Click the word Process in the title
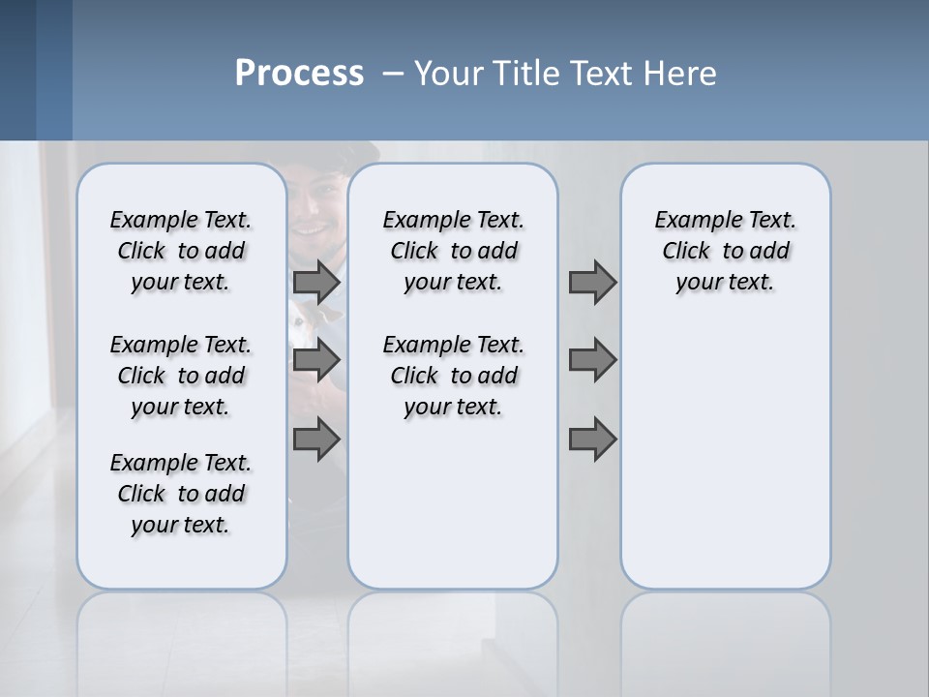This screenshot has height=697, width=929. point(299,74)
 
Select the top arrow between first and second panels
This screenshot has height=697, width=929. point(316,282)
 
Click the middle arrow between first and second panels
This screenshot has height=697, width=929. point(316,360)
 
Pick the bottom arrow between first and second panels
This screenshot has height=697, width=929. point(316,439)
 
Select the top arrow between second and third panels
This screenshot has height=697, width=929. point(592,282)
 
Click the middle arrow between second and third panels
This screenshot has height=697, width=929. point(592,360)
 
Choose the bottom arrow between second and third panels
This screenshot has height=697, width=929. point(592,439)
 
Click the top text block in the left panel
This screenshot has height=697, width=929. point(181,251)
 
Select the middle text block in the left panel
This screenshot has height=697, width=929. point(181,376)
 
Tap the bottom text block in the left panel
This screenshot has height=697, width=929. point(181,494)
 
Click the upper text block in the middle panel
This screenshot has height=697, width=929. point(453,251)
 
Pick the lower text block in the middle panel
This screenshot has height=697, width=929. point(453,376)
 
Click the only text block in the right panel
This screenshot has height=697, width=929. point(725,251)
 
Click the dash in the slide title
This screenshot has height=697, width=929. point(393,74)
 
